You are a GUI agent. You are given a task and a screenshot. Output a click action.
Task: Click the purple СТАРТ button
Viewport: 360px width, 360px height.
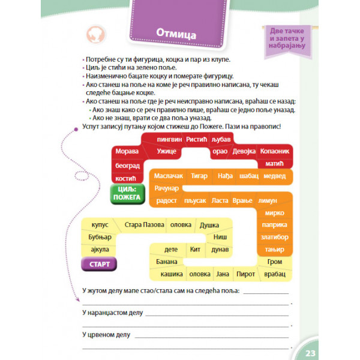point(98,265)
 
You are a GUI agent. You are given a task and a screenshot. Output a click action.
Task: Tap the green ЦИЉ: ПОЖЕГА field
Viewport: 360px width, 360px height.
point(126,193)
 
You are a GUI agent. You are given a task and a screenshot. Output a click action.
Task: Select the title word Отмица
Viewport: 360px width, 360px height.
point(176,34)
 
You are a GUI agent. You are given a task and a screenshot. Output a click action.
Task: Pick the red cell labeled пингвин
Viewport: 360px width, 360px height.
point(169,139)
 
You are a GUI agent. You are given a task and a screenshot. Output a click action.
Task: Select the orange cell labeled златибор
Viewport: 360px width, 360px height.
point(275,237)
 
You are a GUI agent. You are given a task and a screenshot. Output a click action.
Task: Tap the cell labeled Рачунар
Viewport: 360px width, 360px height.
point(167,188)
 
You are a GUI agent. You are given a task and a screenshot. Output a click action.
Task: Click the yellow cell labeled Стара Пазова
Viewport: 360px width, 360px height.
point(144,225)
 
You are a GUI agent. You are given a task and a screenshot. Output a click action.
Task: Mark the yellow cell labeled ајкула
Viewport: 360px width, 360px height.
point(98,250)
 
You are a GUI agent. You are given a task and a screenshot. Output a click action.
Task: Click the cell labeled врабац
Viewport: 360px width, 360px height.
point(275,274)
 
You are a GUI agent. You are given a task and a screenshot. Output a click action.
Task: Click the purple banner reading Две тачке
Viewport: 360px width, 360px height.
point(284,37)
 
